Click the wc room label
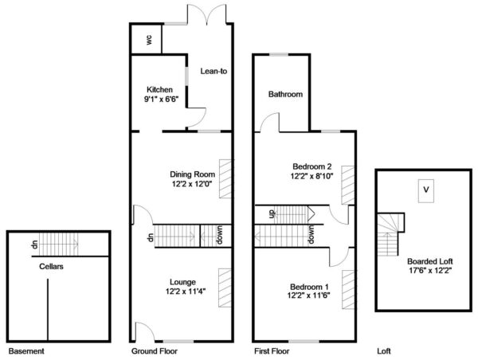click(x=149, y=40)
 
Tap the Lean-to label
click(x=214, y=71)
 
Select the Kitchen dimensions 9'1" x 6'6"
click(x=161, y=99)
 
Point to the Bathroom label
click(x=285, y=94)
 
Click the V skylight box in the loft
click(x=426, y=191)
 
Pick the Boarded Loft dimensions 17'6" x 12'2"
click(x=430, y=270)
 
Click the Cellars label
click(x=51, y=267)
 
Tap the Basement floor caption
click(x=26, y=351)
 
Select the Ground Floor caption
click(x=155, y=351)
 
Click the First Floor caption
click(x=272, y=351)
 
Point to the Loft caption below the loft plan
click(x=384, y=351)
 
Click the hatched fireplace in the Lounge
click(x=225, y=288)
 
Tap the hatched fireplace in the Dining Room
click(x=225, y=178)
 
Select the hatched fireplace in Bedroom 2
click(x=348, y=185)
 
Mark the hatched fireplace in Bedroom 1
click(x=348, y=290)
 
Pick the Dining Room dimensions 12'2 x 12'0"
click(x=191, y=183)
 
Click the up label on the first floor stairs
click(x=272, y=213)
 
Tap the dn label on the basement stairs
click(x=35, y=244)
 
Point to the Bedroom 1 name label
click(x=309, y=287)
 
